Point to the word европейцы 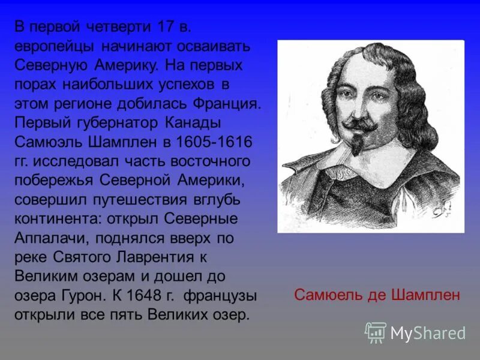click(53, 46)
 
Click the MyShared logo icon click(376, 332)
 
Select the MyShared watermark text click(428, 333)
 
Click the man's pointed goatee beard click(358, 144)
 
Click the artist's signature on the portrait click(442, 207)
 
